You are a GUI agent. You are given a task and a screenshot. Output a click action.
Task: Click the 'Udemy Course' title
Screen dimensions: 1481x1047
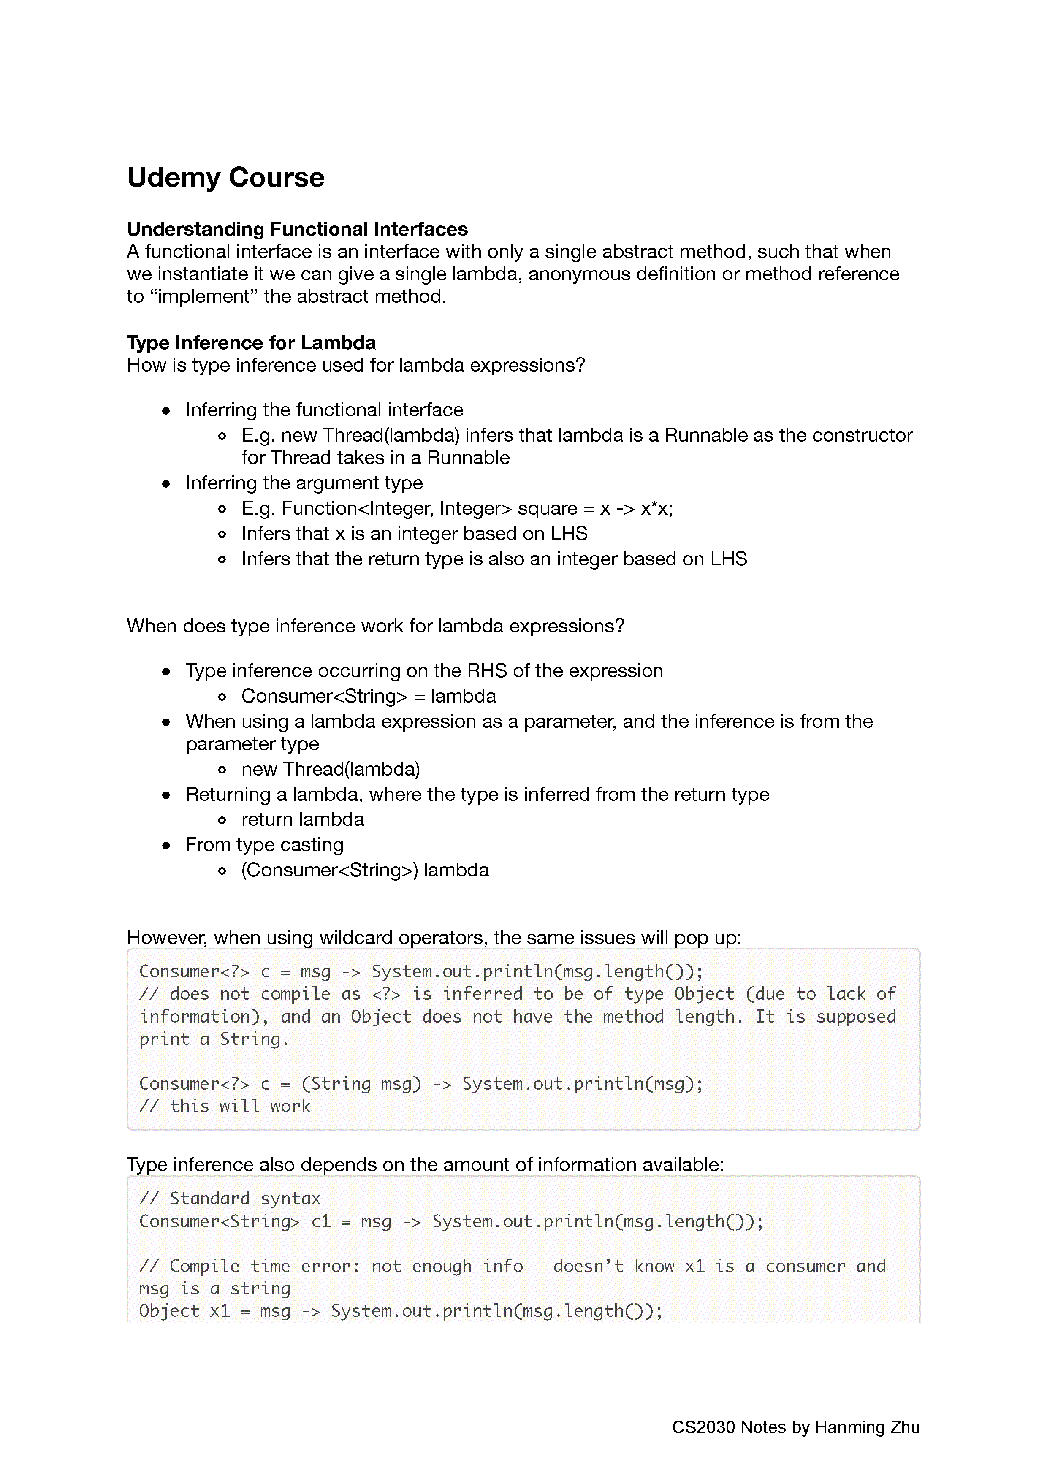pyautogui.click(x=226, y=177)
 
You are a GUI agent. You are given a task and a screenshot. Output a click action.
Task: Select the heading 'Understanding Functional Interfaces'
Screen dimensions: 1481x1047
pyautogui.click(x=297, y=229)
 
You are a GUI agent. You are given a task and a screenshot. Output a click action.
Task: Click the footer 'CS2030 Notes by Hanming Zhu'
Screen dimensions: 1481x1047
pyautogui.click(x=795, y=1427)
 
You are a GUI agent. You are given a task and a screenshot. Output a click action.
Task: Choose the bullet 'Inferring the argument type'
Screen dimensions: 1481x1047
pyautogui.click(x=304, y=483)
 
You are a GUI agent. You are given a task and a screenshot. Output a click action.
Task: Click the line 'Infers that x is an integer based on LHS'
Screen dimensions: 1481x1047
pyautogui.click(x=414, y=534)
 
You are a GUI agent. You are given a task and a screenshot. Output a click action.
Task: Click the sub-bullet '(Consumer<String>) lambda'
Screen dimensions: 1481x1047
pyautogui.click(x=365, y=870)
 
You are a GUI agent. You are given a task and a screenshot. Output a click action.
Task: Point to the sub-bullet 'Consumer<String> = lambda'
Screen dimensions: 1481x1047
pyautogui.click(x=369, y=697)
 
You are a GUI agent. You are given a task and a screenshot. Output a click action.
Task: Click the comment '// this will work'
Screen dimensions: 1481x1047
pyautogui.click(x=225, y=1106)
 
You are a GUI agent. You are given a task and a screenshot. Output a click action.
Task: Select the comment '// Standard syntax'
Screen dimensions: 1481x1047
pyautogui.click(x=230, y=1199)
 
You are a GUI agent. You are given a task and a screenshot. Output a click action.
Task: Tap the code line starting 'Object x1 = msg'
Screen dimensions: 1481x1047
pyautogui.click(x=401, y=1311)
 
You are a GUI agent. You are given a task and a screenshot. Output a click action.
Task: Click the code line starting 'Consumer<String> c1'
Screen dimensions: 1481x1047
pyautogui.click(x=451, y=1221)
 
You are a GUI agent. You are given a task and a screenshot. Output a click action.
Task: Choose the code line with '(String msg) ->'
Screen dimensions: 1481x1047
pyautogui.click(x=420, y=1084)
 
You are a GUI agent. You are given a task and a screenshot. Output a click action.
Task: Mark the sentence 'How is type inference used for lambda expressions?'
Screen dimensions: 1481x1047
pyautogui.click(x=355, y=366)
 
